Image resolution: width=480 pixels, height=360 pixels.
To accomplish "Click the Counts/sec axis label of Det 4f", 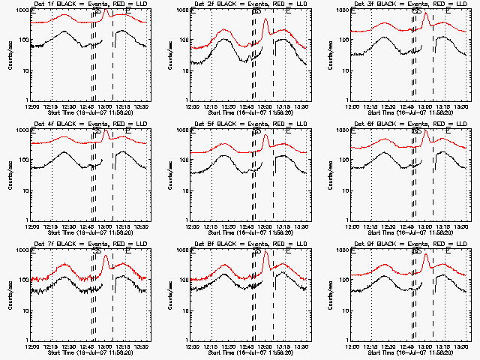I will tap(9, 176).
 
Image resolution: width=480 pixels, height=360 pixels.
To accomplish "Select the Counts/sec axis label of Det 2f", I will tap(169, 56).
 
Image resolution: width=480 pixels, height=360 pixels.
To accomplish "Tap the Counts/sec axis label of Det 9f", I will tap(329, 295).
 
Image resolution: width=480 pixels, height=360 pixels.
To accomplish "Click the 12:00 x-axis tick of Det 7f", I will tap(32, 346).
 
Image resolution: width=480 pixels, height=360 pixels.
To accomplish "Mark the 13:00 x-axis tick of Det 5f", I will tap(267, 226).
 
